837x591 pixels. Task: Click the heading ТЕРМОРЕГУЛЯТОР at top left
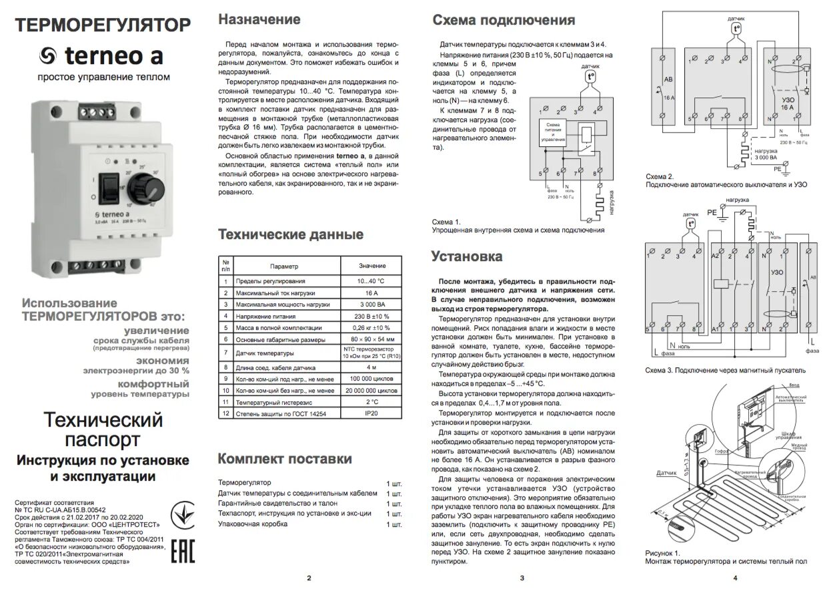[x=103, y=25]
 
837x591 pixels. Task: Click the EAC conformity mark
[x=183, y=552]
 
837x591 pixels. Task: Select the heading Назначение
[x=259, y=19]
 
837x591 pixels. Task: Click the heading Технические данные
[x=291, y=234]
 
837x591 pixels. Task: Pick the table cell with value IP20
[x=371, y=414]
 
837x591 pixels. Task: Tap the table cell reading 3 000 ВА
[x=371, y=304]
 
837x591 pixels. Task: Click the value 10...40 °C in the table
[x=371, y=281]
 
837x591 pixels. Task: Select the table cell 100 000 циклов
[x=371, y=378]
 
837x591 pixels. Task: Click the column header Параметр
[x=285, y=266]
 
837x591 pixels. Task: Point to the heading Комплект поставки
[x=285, y=459]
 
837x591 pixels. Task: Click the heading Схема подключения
[x=504, y=21]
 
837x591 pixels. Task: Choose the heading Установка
[x=467, y=256]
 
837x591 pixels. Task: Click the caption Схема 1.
[x=446, y=222]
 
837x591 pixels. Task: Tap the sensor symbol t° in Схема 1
[x=590, y=77]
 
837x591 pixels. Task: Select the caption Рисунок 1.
[x=662, y=553]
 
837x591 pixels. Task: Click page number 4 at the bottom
[x=734, y=578]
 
